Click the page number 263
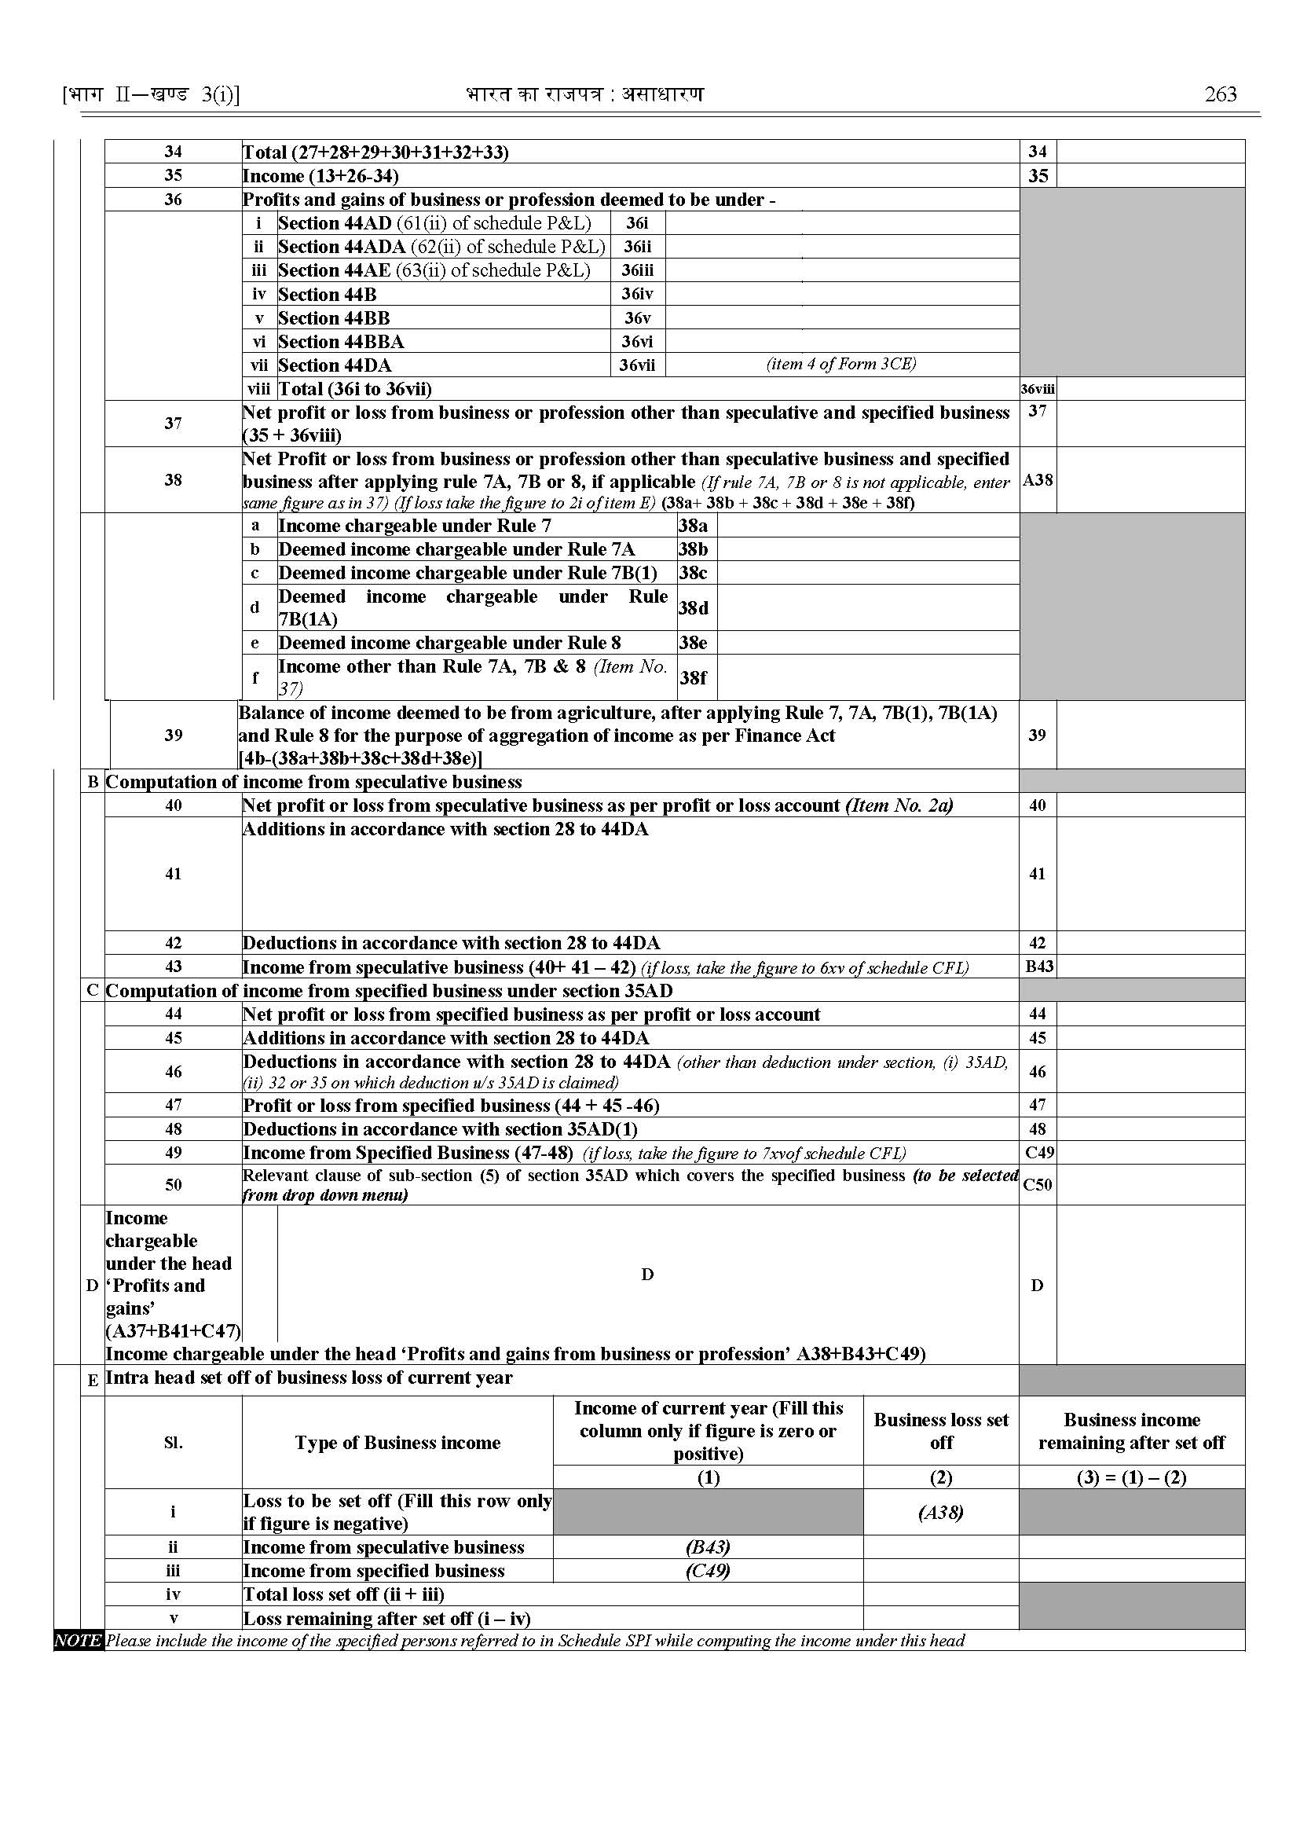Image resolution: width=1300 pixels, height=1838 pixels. click(x=1220, y=94)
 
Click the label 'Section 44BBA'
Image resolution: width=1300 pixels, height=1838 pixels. click(x=341, y=342)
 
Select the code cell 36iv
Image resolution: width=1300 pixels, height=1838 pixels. click(x=637, y=294)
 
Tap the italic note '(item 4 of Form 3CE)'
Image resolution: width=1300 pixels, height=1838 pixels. click(x=841, y=365)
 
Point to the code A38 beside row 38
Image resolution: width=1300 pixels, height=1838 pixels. click(x=1038, y=481)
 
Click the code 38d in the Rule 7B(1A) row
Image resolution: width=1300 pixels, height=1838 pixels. click(x=694, y=608)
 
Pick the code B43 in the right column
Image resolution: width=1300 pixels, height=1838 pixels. click(x=1038, y=967)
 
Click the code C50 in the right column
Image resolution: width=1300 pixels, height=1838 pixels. click(x=1038, y=1184)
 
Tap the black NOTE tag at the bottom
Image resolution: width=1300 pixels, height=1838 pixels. click(x=78, y=1640)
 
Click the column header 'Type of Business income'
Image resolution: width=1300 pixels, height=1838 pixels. click(x=397, y=1443)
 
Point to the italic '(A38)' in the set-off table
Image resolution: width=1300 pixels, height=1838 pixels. click(x=940, y=1512)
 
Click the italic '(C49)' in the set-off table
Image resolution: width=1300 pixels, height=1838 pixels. click(x=708, y=1571)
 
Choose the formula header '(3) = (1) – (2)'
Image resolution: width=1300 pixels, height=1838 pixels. click(x=1131, y=1477)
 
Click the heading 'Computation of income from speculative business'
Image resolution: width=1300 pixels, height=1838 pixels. click(x=313, y=782)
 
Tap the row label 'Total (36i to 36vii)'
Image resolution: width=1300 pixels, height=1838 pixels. click(x=354, y=389)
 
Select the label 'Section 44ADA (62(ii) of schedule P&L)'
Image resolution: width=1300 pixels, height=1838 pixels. click(x=442, y=247)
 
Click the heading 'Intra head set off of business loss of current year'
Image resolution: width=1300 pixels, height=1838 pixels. click(x=309, y=1378)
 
